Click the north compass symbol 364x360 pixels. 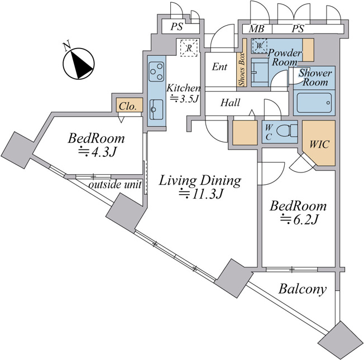(x=79, y=64)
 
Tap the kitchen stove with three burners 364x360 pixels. (x=156, y=71)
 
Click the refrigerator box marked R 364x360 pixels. (x=189, y=48)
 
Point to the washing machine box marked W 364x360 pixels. (x=259, y=46)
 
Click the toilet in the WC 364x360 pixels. (x=287, y=131)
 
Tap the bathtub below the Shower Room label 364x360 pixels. (x=314, y=103)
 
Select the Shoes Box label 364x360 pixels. (x=242, y=69)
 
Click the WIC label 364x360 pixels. (x=319, y=145)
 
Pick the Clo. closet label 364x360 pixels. (x=127, y=106)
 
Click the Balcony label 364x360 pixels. (x=303, y=289)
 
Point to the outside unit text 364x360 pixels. (x=115, y=185)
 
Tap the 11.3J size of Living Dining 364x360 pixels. (x=200, y=193)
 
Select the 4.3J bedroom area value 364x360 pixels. (x=97, y=151)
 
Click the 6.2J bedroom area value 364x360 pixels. (x=298, y=219)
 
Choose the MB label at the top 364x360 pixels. (x=256, y=29)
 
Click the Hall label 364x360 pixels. (x=230, y=103)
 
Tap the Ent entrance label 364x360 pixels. (x=219, y=67)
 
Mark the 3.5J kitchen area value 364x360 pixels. (x=184, y=98)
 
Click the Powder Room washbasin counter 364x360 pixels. (x=260, y=72)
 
